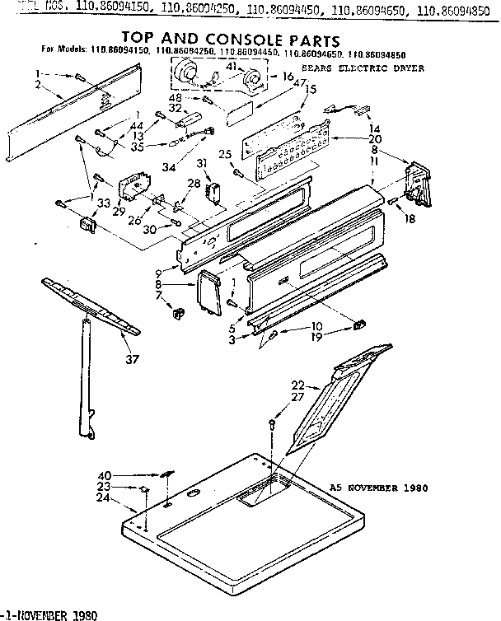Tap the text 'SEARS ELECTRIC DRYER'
pyautogui.click(x=363, y=68)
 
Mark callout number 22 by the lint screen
pyautogui.click(x=297, y=385)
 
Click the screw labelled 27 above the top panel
pyautogui.click(x=273, y=424)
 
